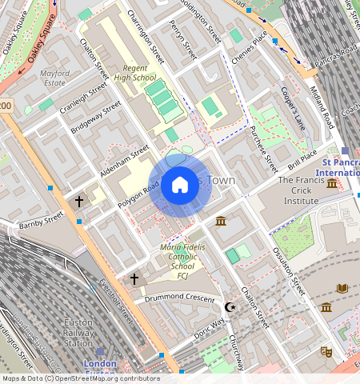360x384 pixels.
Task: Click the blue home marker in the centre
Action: tap(180, 186)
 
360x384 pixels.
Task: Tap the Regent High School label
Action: tap(134, 73)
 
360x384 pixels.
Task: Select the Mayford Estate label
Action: tap(54, 78)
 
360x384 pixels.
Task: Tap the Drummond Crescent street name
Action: tap(178, 298)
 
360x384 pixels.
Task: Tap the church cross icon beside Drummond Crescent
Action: tap(134, 278)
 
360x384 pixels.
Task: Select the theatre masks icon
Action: tap(326, 351)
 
